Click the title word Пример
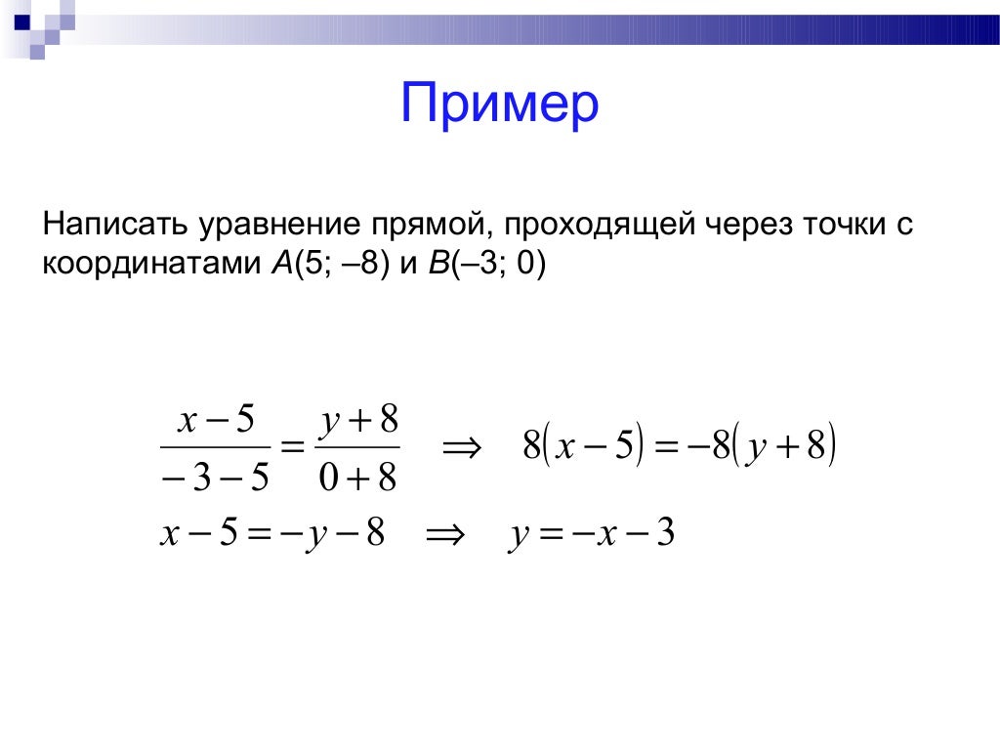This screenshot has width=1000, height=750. tap(499, 104)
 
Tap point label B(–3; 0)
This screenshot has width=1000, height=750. tap(485, 264)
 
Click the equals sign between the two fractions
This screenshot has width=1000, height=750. tap(290, 449)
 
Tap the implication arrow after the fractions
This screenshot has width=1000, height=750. tap(463, 449)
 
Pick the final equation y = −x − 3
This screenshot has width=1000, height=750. tap(591, 535)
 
